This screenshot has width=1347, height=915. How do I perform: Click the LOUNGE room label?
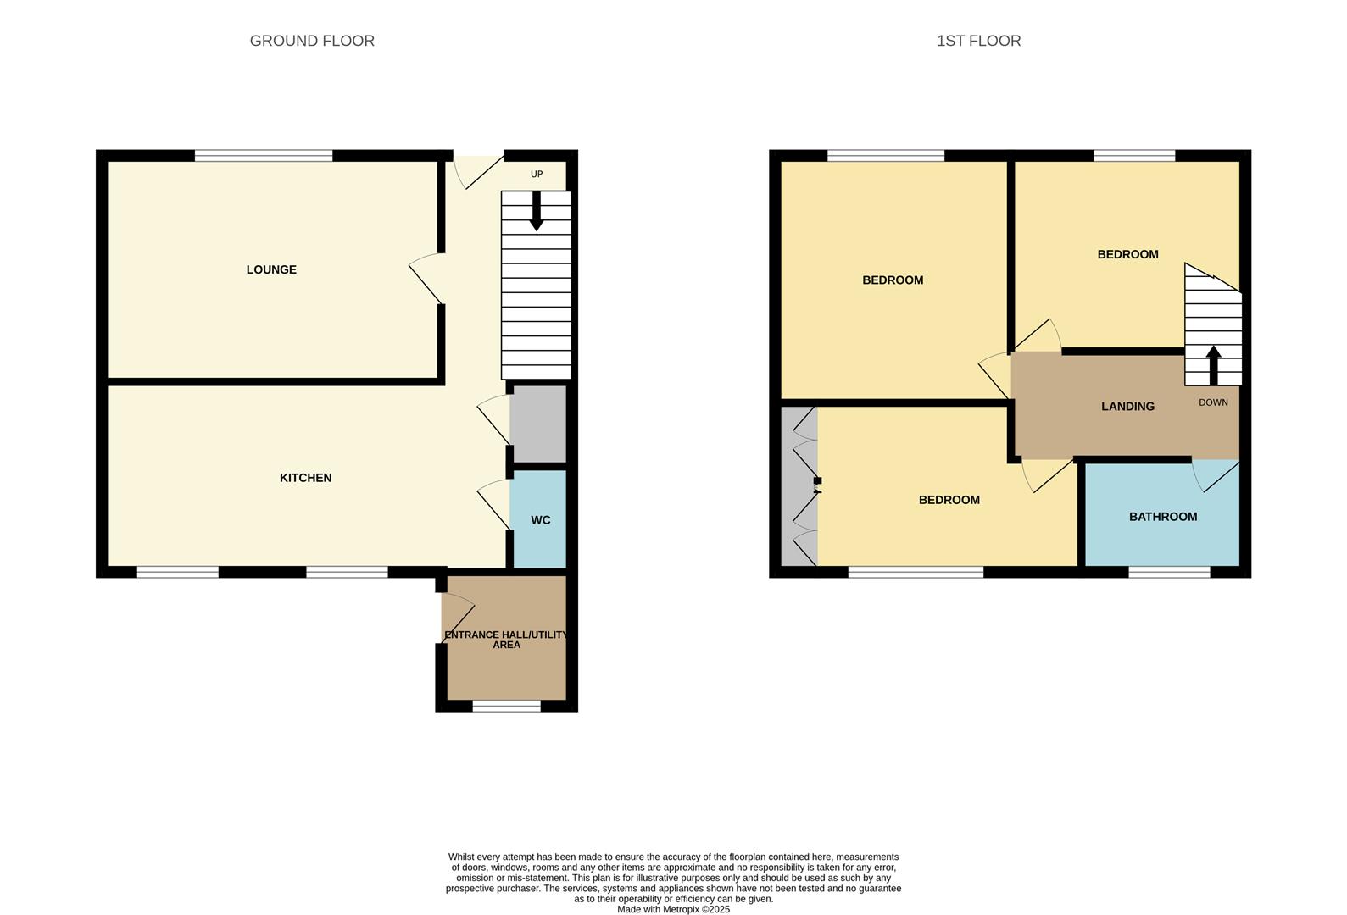[271, 269]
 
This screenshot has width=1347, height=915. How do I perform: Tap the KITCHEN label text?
[305, 478]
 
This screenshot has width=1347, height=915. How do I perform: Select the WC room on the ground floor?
[540, 519]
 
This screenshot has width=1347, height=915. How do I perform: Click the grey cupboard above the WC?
[538, 424]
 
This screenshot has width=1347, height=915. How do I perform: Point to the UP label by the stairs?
[536, 175]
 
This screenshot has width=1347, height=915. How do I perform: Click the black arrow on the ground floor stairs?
[536, 212]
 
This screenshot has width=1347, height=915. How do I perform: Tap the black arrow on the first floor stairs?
[1213, 364]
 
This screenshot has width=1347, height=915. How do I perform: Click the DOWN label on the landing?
[1213, 402]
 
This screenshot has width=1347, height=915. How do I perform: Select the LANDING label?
[1127, 407]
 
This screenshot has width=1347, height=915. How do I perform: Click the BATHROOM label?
[1163, 517]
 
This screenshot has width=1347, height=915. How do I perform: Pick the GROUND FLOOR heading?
[312, 41]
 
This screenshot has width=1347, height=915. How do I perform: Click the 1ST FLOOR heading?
[978, 41]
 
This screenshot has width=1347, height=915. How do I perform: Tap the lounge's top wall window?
[264, 155]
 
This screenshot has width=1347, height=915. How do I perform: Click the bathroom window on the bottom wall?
[1169, 573]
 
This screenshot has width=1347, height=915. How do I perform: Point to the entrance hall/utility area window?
[506, 707]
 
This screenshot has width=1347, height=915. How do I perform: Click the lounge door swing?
[426, 278]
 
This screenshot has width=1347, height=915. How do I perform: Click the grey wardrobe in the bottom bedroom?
[799, 487]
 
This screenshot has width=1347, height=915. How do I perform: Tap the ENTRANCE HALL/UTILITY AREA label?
[506, 640]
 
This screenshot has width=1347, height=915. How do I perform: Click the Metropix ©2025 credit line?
[673, 909]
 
